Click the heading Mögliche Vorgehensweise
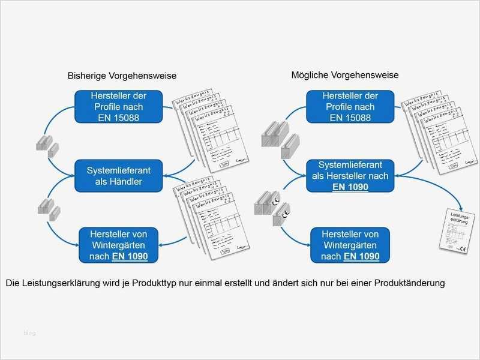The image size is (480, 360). (345, 75)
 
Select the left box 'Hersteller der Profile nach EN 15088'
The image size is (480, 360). (119, 106)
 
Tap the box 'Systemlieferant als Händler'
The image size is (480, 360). (119, 176)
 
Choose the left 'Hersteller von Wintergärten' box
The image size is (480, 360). (119, 244)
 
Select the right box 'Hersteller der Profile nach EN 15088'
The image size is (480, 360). (350, 106)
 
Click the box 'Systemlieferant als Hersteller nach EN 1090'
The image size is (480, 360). (350, 176)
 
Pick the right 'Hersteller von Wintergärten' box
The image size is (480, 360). (350, 244)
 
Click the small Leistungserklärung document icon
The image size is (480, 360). (454, 231)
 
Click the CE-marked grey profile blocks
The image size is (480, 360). (271, 208)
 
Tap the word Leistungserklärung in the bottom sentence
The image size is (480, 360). (59, 283)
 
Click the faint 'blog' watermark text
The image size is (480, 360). (29, 332)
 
